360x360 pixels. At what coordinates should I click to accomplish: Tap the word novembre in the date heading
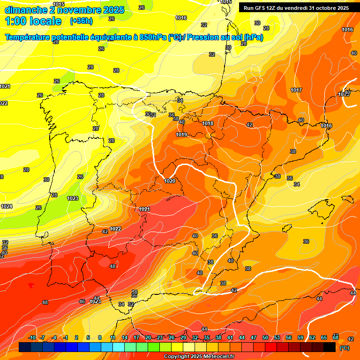(x=75, y=10)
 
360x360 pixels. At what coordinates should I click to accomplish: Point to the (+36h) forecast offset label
(x=81, y=22)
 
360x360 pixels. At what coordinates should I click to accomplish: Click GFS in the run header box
(x=260, y=8)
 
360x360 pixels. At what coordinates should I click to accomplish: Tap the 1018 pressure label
(x=208, y=124)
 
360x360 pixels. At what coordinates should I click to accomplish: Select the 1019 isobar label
(x=181, y=135)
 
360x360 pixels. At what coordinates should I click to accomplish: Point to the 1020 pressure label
(x=170, y=181)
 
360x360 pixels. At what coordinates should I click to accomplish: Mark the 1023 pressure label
(x=73, y=198)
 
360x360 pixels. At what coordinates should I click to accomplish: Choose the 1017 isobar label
(x=296, y=90)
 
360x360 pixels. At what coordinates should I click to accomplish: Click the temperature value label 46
(x=82, y=301)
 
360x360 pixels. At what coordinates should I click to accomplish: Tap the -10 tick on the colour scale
(x=31, y=337)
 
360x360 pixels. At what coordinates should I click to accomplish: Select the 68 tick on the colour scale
(x=336, y=337)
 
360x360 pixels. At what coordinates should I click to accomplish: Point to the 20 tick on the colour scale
(x=148, y=337)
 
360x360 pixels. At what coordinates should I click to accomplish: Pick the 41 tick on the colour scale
(x=230, y=337)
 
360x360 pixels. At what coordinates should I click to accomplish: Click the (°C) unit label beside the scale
(x=344, y=347)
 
